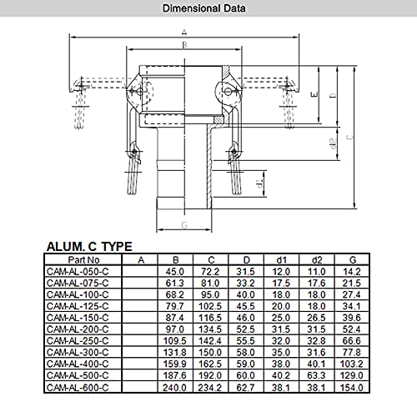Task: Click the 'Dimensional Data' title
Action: click(204, 8)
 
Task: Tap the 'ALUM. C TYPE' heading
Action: click(89, 247)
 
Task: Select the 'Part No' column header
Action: click(83, 260)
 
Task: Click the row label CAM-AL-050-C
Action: click(78, 271)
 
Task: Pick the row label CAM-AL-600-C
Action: click(78, 387)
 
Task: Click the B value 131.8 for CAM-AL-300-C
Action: click(174, 352)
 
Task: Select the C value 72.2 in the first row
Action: click(210, 271)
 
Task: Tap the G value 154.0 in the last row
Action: click(351, 387)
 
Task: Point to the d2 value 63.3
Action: click(316, 375)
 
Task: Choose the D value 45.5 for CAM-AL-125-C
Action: click(245, 306)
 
